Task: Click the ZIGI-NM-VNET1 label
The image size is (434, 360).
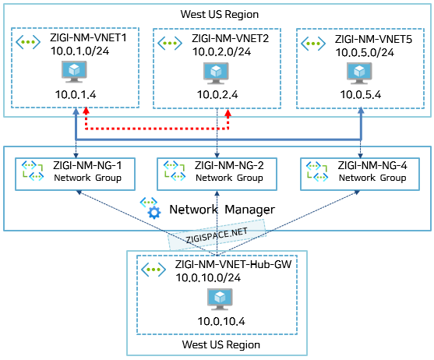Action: tap(88, 37)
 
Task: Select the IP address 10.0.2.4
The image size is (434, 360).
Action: tap(217, 94)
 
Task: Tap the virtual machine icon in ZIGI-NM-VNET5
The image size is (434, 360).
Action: tap(359, 73)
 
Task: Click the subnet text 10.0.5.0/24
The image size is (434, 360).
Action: tap(365, 52)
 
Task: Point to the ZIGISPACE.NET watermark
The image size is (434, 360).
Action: tap(217, 235)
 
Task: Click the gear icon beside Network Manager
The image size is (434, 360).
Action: tap(154, 213)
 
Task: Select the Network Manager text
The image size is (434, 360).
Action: tap(222, 210)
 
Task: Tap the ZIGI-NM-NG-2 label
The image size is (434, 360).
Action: tap(229, 165)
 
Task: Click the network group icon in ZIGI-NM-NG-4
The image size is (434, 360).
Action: tap(317, 171)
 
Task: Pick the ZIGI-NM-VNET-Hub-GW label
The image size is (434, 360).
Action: tap(233, 264)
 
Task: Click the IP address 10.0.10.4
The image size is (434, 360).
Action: tap(221, 321)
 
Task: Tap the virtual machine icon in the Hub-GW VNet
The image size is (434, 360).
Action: tap(220, 299)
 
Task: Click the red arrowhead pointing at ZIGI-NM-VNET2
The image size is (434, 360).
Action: tap(228, 113)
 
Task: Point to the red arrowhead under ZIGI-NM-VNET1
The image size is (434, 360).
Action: tap(86, 111)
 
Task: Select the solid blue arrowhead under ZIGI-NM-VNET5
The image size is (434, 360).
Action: tap(361, 111)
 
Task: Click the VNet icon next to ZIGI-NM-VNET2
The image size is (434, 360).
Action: tap(170, 43)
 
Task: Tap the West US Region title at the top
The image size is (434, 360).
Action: tap(220, 14)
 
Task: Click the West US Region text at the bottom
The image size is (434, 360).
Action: tap(221, 344)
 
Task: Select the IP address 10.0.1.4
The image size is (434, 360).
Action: tap(76, 94)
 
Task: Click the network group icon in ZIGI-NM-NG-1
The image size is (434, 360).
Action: tap(33, 171)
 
